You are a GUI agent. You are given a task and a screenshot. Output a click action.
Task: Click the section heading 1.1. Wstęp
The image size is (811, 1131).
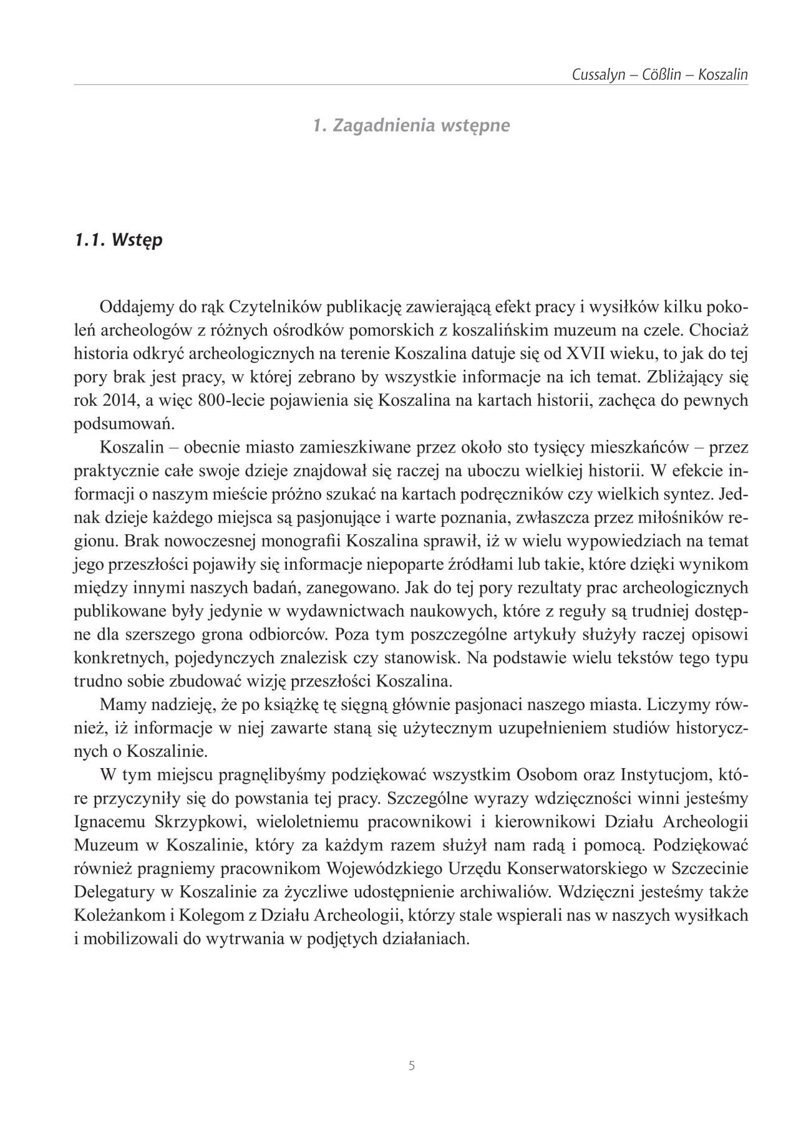[x=118, y=240]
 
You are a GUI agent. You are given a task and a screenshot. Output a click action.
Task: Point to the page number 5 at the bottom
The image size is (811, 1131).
[x=412, y=1066]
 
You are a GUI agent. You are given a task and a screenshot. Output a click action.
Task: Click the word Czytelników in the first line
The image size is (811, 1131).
[x=276, y=307]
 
